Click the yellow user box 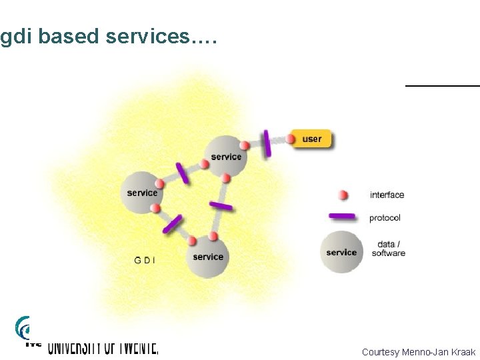(x=311, y=139)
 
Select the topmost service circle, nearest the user (x=225, y=157)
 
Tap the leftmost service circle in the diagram (x=142, y=193)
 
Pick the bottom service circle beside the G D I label (x=208, y=257)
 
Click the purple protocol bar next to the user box (x=267, y=143)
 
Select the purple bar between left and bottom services (x=172, y=224)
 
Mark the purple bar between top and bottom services (x=221, y=206)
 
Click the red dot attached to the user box (x=291, y=139)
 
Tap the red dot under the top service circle (x=226, y=178)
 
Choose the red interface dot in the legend (x=343, y=195)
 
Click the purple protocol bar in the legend (x=343, y=217)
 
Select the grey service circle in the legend (x=341, y=252)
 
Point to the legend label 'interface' (x=387, y=195)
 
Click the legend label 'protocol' (x=385, y=218)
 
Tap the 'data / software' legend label (x=388, y=249)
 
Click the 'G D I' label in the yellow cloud (x=145, y=260)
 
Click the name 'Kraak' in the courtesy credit (x=462, y=351)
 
